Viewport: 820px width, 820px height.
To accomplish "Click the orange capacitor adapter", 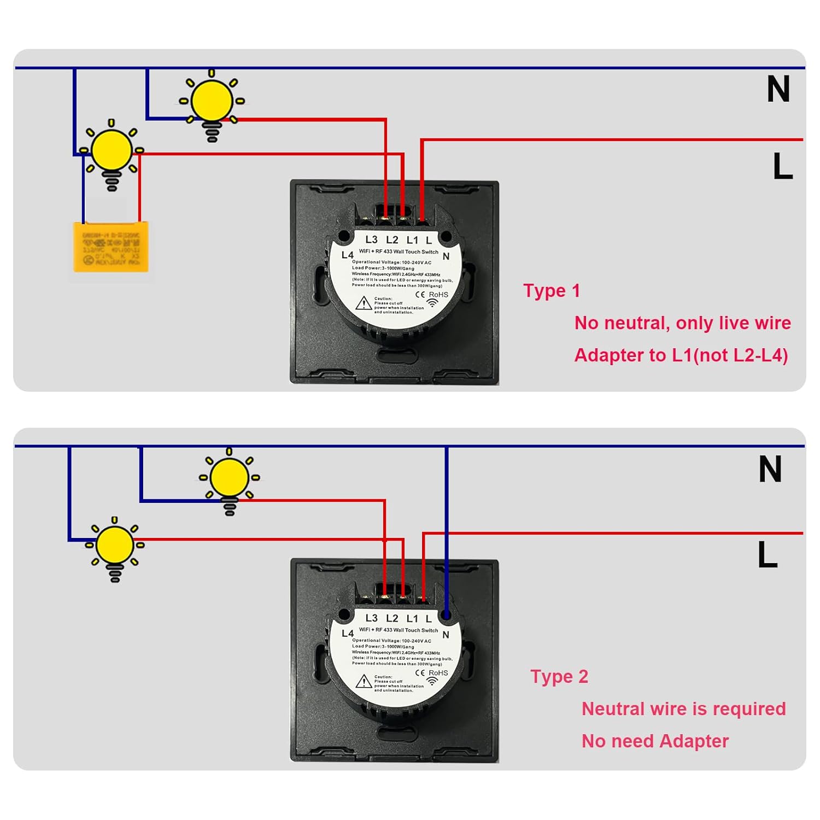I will click(x=111, y=247).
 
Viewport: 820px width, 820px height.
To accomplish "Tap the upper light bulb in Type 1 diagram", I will click(x=212, y=102).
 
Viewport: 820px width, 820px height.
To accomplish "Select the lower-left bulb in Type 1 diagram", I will click(x=112, y=151).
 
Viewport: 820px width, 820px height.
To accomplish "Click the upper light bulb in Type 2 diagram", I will click(x=230, y=477).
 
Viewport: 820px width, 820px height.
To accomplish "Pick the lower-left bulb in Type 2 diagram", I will click(x=115, y=545).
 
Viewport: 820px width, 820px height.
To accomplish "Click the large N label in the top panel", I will click(x=778, y=89).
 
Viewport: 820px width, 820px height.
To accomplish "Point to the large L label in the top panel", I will click(x=783, y=166).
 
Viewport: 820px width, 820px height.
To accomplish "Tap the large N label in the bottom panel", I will click(x=770, y=470).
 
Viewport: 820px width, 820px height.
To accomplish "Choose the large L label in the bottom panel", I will click(x=768, y=555).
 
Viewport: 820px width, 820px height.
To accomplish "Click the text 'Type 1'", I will click(x=551, y=291).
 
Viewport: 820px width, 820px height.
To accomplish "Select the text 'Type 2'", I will click(x=559, y=677).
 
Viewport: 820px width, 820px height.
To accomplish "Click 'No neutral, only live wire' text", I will click(x=682, y=323).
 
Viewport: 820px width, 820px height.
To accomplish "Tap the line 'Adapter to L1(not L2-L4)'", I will click(x=681, y=355).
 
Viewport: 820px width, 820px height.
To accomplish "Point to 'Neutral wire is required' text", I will click(x=683, y=709).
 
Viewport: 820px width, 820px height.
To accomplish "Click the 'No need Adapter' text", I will click(x=655, y=741).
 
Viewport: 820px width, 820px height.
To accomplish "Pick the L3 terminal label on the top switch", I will click(x=371, y=239).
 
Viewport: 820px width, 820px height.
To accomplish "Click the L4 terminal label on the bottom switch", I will click(x=348, y=633).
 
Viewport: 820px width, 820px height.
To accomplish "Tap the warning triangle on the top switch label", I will click(x=364, y=303).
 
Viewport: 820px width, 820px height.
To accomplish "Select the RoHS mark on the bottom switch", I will click(x=438, y=673).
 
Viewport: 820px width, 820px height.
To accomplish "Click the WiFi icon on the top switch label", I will click(x=432, y=302).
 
